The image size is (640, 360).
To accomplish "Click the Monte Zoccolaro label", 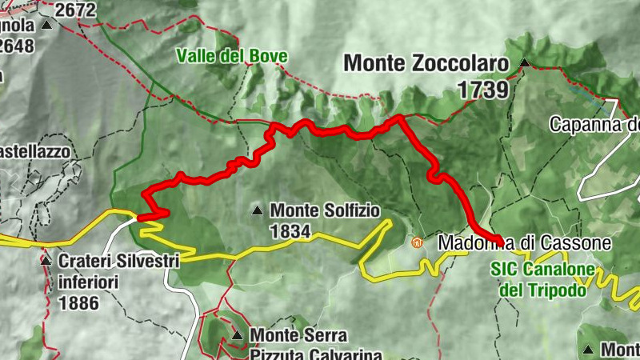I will [428, 62].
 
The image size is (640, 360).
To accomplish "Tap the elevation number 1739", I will [484, 90].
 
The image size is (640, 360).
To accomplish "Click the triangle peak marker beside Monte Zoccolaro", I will [524, 62].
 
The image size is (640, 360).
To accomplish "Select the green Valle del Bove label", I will [232, 57].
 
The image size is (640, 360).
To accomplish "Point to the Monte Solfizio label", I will [326, 210].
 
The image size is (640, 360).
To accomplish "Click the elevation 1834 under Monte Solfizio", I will [290, 231].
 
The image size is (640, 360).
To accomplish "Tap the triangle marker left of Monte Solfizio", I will [258, 211].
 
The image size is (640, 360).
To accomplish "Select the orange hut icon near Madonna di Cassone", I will [415, 242].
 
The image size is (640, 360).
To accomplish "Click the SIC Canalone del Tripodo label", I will [544, 280].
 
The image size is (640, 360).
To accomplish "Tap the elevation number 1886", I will [78, 303].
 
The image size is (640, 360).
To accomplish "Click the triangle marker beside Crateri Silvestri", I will [46, 261].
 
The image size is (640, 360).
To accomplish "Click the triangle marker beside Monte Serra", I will [237, 334].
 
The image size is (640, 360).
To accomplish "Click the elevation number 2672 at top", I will [75, 10].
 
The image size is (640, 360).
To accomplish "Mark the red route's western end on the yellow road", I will [142, 216].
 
